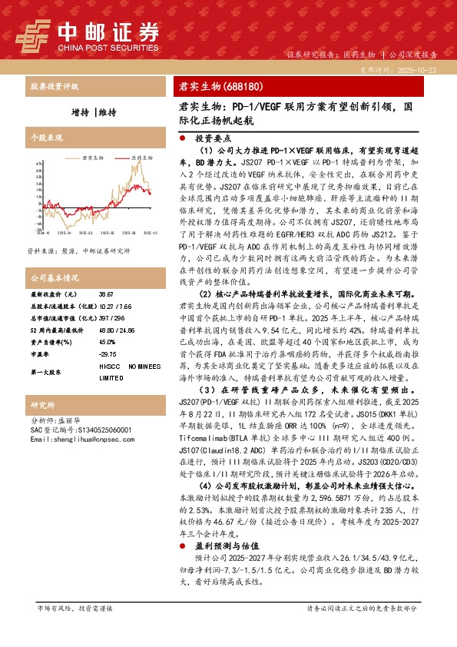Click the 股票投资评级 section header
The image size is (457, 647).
[55, 86]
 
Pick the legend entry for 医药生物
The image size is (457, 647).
[141, 158]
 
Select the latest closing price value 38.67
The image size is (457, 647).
[106, 294]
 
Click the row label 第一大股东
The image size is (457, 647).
[48, 372]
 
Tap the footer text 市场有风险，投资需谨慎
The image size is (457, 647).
[75, 608]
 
